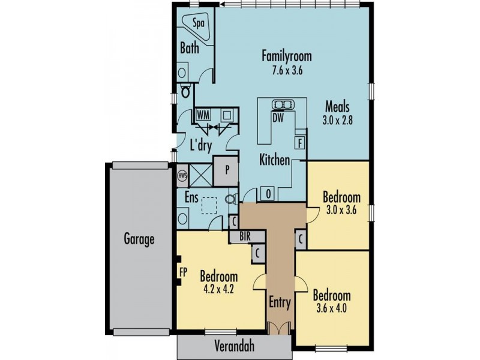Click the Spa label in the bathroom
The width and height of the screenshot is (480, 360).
[197, 23]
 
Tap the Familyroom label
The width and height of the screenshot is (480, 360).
[286, 56]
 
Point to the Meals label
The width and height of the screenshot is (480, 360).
[338, 107]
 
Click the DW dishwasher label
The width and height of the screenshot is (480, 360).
[278, 118]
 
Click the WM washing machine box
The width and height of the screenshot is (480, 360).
[203, 114]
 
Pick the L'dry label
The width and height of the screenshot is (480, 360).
[200, 145]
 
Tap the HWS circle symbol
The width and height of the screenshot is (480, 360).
[183, 176]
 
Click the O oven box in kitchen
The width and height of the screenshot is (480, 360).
[267, 194]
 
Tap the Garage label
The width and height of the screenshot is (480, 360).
[140, 239]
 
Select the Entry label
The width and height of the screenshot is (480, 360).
[280, 302]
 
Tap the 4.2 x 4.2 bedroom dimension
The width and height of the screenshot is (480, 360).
[218, 288]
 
